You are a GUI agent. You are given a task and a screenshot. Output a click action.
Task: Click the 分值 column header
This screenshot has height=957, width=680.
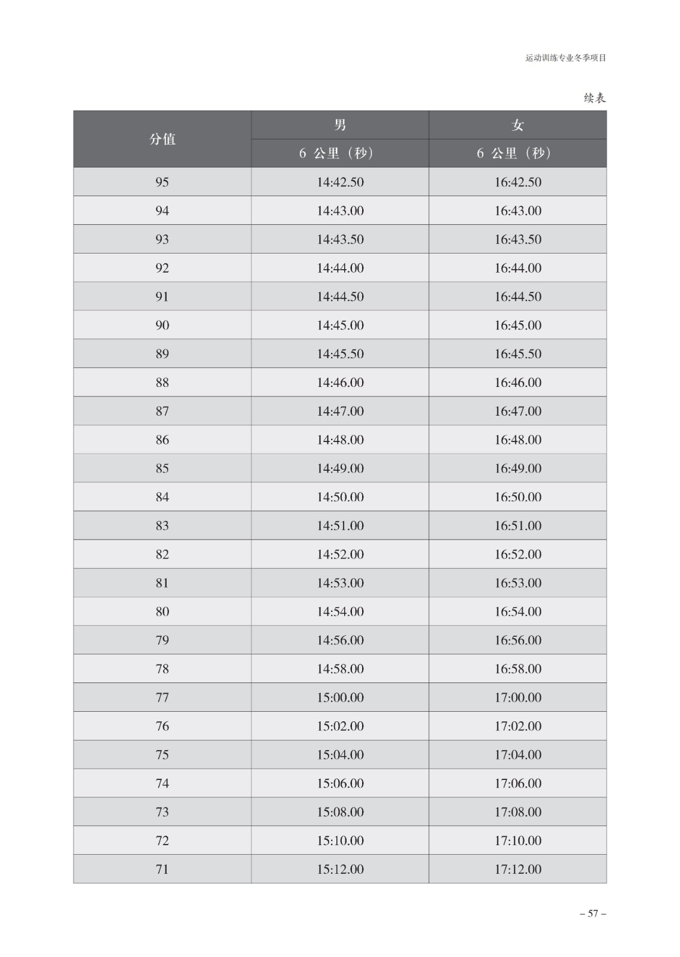pos(162,139)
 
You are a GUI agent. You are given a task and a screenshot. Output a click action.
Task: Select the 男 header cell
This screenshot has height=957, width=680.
pos(340,125)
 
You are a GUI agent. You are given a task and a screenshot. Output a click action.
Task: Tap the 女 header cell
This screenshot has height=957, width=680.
pos(517,125)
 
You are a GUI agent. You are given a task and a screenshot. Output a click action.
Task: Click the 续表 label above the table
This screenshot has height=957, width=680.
pos(595,98)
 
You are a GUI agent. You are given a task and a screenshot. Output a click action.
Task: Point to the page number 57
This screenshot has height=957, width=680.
pos(593,913)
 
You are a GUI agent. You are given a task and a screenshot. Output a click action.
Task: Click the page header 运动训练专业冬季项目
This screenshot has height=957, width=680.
pos(565,58)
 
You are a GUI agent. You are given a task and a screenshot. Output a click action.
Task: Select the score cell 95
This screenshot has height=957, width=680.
pos(162,182)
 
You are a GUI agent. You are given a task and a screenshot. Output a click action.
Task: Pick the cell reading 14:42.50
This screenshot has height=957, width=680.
pos(340,182)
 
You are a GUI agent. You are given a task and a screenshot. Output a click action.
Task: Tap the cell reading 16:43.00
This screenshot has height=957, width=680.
pos(517,211)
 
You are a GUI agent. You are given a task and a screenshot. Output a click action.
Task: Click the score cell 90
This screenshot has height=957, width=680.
pos(162,325)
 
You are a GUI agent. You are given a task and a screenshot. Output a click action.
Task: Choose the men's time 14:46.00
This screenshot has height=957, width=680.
pos(340,382)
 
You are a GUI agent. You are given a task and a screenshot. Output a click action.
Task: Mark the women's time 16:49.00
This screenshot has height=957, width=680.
pos(517,468)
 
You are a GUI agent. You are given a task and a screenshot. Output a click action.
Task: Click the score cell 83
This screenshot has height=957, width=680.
pos(162,526)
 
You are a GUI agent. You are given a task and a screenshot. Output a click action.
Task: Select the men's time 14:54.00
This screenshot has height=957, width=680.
pos(340,611)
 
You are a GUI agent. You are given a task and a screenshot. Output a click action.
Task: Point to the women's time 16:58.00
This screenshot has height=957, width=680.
pos(517,669)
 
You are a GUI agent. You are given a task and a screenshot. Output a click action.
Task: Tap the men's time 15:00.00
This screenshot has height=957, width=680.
pos(340,697)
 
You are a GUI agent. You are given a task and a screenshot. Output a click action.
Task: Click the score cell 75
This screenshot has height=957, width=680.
pos(162,755)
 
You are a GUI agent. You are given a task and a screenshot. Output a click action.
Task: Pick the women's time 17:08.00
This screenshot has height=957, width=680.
pos(517,812)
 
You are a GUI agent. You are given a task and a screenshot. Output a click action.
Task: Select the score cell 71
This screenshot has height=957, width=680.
pos(162,869)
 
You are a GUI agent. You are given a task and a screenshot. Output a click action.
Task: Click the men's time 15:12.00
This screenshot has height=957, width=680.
pos(340,869)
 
